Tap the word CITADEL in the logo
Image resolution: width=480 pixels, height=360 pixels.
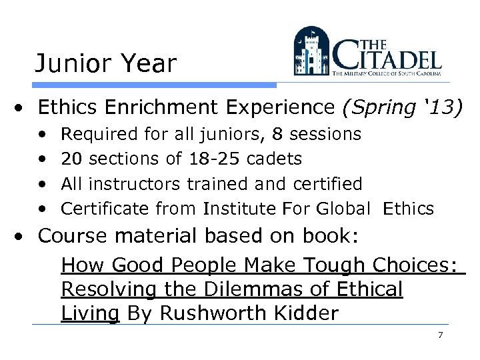(389, 57)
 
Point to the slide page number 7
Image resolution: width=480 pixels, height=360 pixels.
(440, 335)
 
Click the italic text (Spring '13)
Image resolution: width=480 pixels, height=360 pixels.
(400, 107)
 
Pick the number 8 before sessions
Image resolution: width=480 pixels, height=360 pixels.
(277, 134)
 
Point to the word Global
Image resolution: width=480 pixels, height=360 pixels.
(342, 209)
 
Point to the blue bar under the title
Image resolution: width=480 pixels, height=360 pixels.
(154, 85)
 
